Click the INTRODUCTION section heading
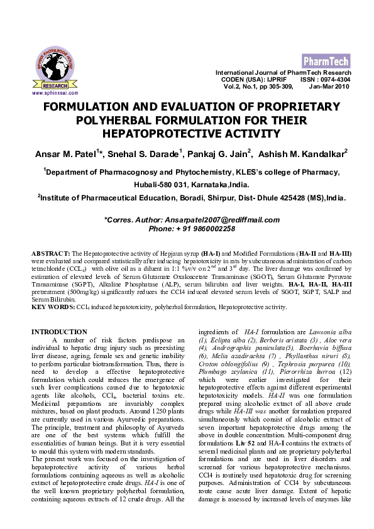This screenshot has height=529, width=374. (x=59, y=332)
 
